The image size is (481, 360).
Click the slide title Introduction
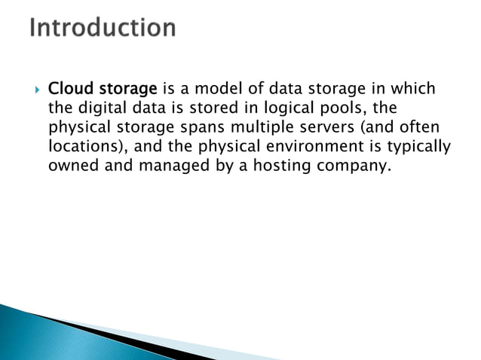point(104,29)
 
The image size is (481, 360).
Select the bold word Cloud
point(69,89)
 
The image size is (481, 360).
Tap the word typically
point(417,146)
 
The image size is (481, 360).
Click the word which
point(415,89)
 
